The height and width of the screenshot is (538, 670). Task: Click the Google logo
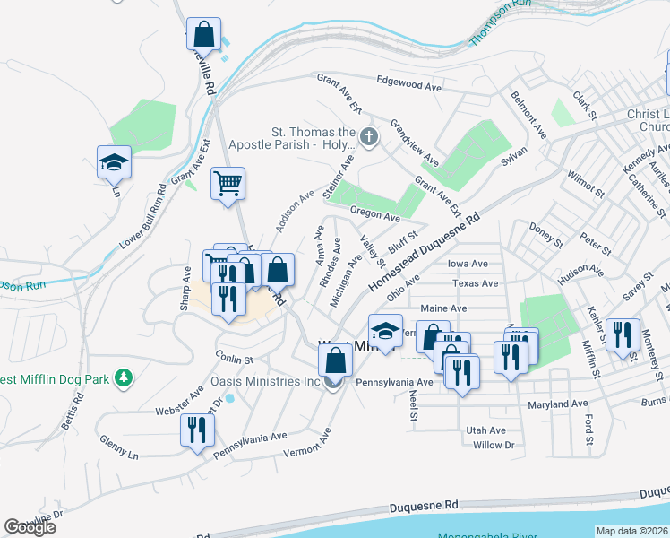pyautogui.click(x=30, y=527)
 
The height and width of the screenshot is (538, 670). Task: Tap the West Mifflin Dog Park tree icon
pyautogui.click(x=125, y=379)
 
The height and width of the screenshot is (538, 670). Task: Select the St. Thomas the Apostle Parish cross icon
pyautogui.click(x=370, y=136)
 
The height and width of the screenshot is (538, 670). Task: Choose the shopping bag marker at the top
pyautogui.click(x=204, y=36)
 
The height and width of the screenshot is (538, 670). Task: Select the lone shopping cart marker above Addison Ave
pyautogui.click(x=228, y=184)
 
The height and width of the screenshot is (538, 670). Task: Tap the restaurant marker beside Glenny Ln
pyautogui.click(x=195, y=430)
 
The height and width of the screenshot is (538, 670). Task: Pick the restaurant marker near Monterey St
pyautogui.click(x=623, y=335)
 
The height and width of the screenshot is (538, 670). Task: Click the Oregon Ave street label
pyautogui.click(x=374, y=215)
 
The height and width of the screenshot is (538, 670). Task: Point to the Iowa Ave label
pyautogui.click(x=467, y=264)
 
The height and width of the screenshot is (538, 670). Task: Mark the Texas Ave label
pyautogui.click(x=475, y=283)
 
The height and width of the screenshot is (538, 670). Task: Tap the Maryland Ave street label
pyautogui.click(x=560, y=404)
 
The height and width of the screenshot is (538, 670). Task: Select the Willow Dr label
pyautogui.click(x=494, y=445)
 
